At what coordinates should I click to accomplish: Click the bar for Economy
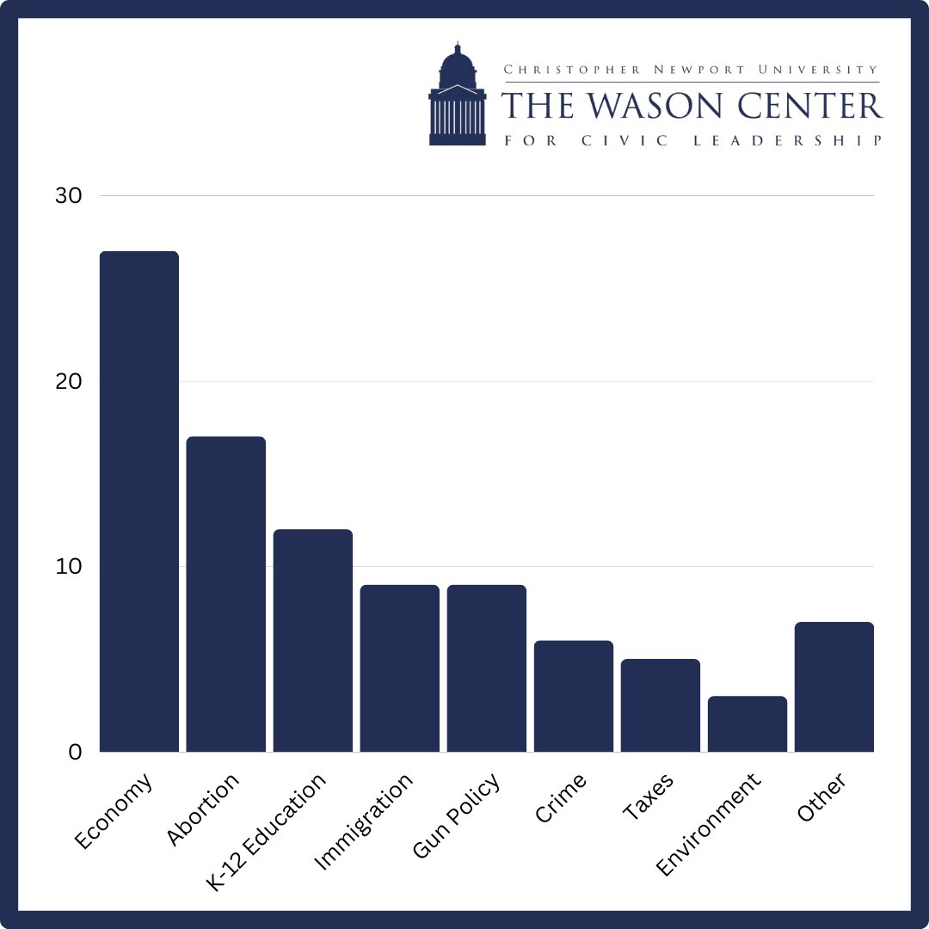click(x=139, y=501)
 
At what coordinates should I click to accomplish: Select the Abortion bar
click(x=226, y=594)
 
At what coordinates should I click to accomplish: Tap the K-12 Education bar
click(x=313, y=640)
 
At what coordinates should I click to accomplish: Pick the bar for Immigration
click(x=400, y=668)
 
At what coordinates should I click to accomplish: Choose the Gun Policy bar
click(x=487, y=668)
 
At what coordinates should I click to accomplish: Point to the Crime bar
click(x=574, y=696)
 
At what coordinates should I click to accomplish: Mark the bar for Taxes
click(x=661, y=705)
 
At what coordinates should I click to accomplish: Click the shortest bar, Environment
click(x=748, y=723)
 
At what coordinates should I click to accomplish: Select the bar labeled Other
click(x=834, y=686)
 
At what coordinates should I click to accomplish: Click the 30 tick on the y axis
click(x=68, y=196)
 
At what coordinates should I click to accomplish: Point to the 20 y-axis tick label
click(x=68, y=382)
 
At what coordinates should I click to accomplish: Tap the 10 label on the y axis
click(x=68, y=567)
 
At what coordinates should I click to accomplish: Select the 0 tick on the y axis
click(x=74, y=753)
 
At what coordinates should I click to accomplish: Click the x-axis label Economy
click(x=114, y=811)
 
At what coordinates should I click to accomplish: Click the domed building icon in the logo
click(x=457, y=95)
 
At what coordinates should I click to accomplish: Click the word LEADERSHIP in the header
click(x=788, y=141)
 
